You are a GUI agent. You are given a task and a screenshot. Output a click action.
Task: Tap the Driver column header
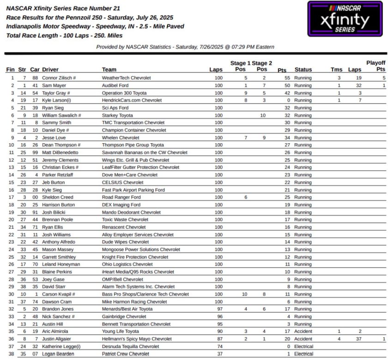click(x=50, y=70)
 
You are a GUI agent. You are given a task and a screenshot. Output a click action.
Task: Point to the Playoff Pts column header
click(x=376, y=66)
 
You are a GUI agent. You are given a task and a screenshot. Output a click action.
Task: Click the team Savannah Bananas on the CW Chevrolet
click(x=145, y=153)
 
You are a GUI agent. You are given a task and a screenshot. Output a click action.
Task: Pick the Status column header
click(x=303, y=70)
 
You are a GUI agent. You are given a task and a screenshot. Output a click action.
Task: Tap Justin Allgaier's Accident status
click(x=303, y=339)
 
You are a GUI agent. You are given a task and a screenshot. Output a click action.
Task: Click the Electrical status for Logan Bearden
click(x=303, y=354)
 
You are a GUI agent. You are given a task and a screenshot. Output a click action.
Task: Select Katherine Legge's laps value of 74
click(x=219, y=346)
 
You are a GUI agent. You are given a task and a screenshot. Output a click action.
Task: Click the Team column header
click(x=109, y=70)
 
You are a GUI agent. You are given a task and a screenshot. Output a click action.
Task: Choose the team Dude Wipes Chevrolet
click(x=125, y=242)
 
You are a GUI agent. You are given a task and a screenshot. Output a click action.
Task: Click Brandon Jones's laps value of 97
click(x=219, y=309)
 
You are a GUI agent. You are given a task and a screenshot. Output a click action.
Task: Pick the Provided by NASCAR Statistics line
click(x=185, y=47)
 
